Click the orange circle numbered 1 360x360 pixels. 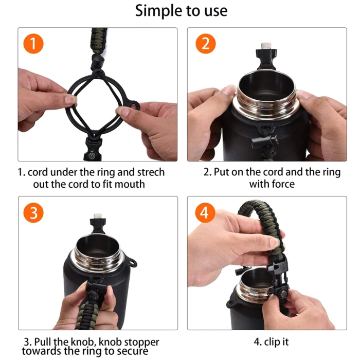(x=33, y=44)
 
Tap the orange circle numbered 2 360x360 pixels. (x=206, y=44)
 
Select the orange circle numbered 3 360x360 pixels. (x=33, y=212)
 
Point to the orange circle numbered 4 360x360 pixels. (x=205, y=212)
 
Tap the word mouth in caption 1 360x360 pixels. (x=130, y=184)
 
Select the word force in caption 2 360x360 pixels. (x=283, y=184)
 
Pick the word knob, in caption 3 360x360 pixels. (x=83, y=342)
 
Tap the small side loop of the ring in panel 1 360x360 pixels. (x=133, y=105)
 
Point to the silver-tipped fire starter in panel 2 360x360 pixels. (x=266, y=56)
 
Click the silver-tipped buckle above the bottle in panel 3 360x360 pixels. (x=98, y=223)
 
